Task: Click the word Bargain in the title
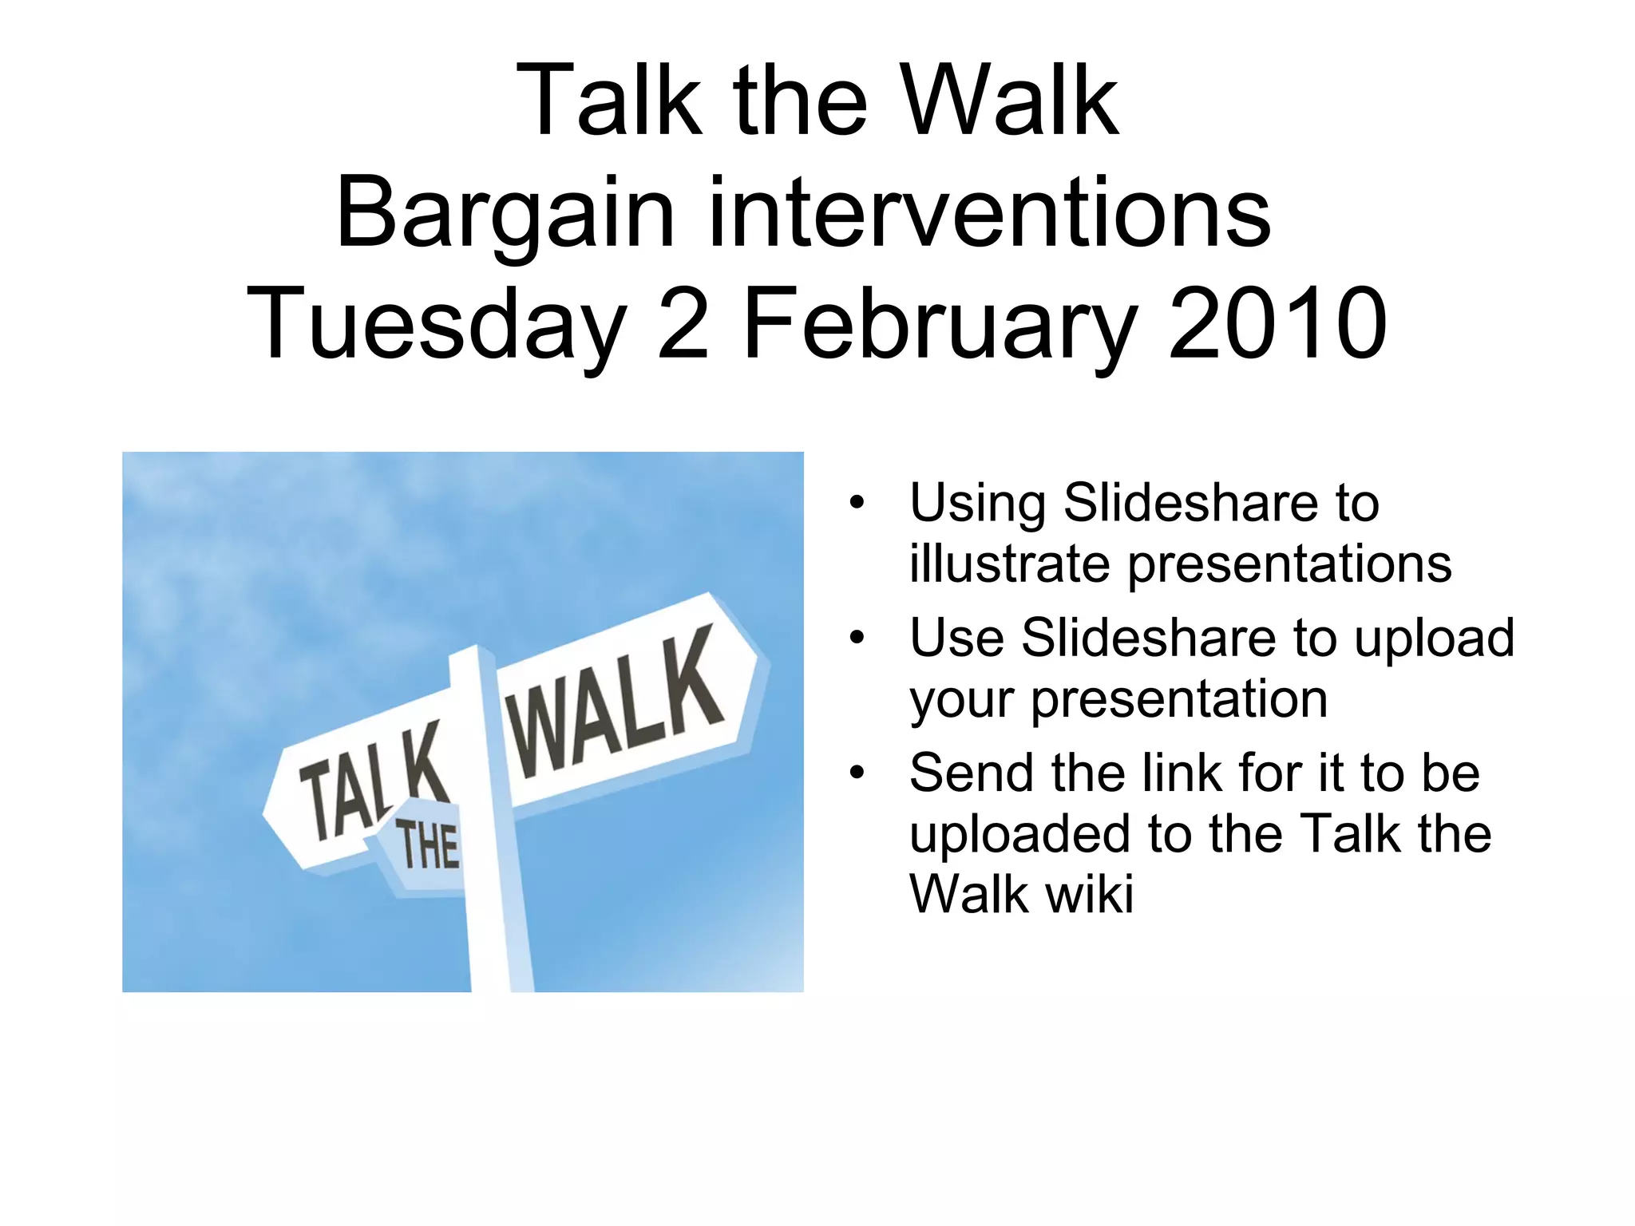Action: [505, 214]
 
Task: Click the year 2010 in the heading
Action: [1277, 324]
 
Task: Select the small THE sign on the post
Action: [428, 846]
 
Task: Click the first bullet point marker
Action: [857, 503]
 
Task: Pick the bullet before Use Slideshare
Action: [857, 638]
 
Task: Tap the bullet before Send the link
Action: [857, 773]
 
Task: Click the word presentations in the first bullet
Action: [1289, 565]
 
